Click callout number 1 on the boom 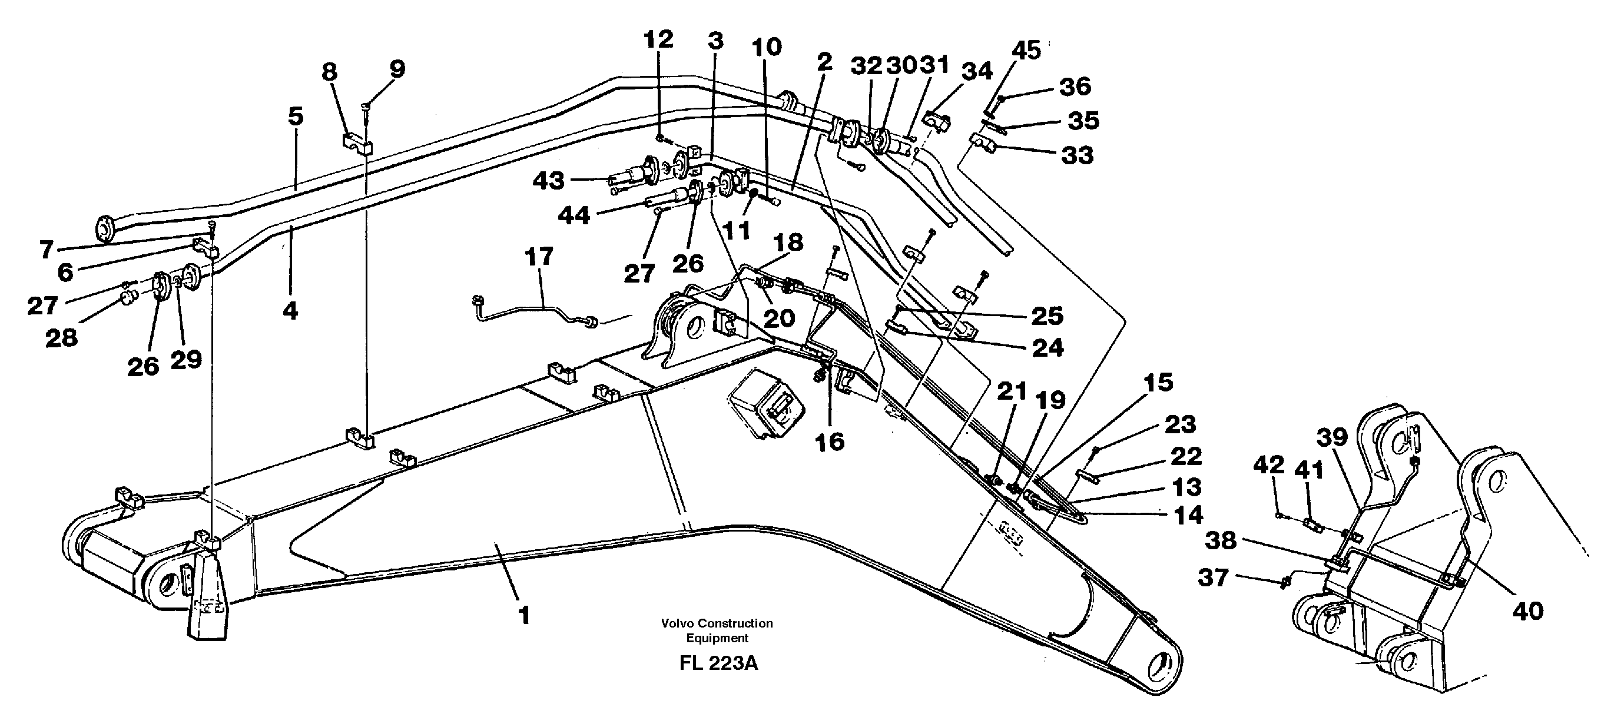[x=524, y=615]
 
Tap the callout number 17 [x=538, y=256]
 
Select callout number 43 [x=548, y=181]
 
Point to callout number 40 [x=1528, y=610]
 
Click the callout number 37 [x=1213, y=577]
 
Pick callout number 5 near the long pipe [x=295, y=117]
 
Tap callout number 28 [x=61, y=338]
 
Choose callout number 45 [x=1026, y=50]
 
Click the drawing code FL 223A [x=718, y=663]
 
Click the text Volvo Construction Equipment [x=717, y=630]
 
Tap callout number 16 [x=830, y=442]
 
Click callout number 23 [x=1179, y=424]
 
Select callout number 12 [x=658, y=39]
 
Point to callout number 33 [x=1077, y=154]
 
